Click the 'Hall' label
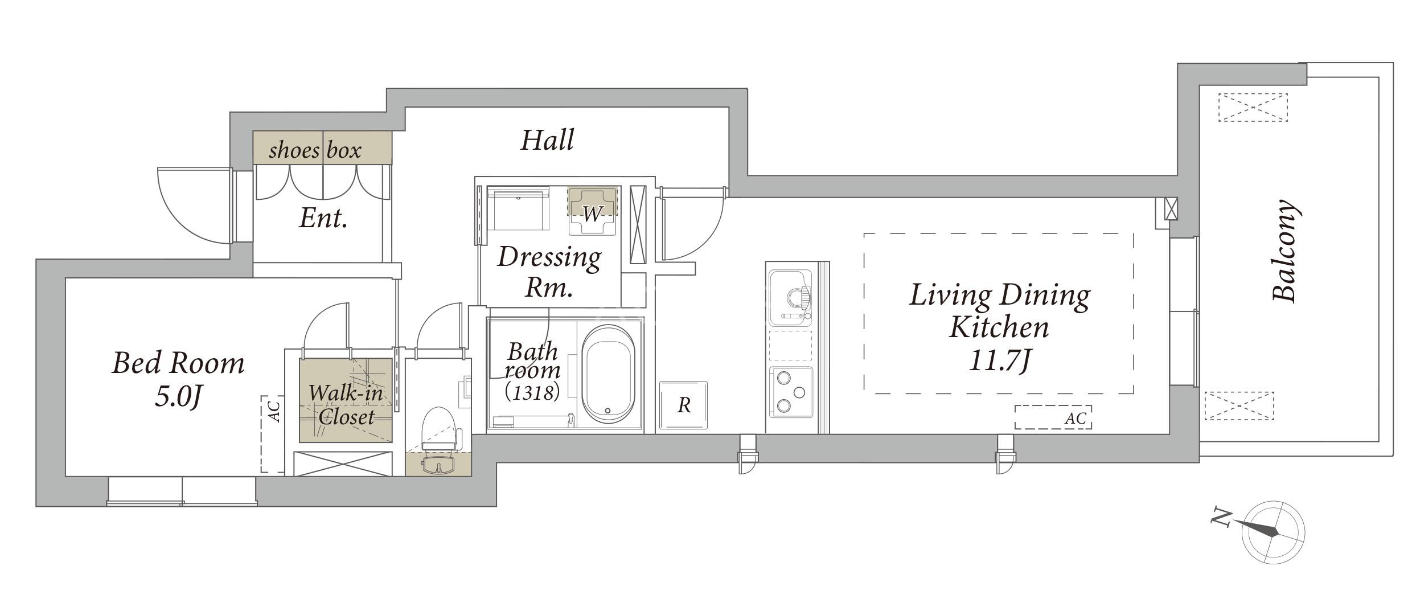click(x=547, y=140)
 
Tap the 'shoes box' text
click(x=315, y=150)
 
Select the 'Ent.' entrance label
click(x=323, y=218)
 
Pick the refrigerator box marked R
click(x=683, y=405)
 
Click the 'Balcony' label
click(x=1284, y=251)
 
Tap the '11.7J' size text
click(x=1000, y=360)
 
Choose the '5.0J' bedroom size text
click(x=178, y=397)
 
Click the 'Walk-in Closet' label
click(x=346, y=405)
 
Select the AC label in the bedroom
click(x=274, y=412)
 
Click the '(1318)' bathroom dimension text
click(x=532, y=392)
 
